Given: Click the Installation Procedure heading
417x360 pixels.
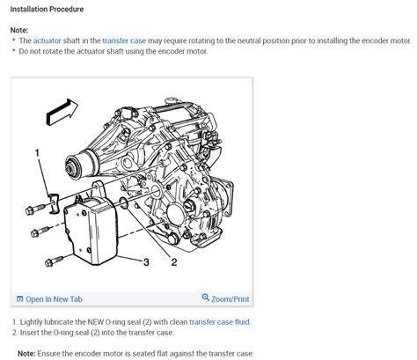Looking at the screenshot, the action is (x=47, y=10).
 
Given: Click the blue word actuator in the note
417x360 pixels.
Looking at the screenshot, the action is (x=47, y=40).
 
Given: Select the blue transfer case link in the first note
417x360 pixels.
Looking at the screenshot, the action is (x=124, y=40).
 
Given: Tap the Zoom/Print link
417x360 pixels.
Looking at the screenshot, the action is (x=230, y=299).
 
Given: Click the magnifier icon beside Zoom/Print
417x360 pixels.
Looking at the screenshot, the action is (x=206, y=298).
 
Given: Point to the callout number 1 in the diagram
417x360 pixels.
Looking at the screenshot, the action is (x=37, y=153).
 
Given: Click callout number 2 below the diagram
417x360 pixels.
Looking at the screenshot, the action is (x=174, y=262).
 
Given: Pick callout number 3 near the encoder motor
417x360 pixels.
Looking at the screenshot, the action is (x=146, y=261).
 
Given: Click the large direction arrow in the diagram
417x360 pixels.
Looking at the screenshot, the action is (x=62, y=112).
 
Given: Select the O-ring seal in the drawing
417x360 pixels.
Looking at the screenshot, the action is (x=123, y=203).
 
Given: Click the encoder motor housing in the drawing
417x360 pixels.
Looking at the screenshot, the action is (x=91, y=231).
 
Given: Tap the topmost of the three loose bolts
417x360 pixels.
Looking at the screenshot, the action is (x=35, y=209).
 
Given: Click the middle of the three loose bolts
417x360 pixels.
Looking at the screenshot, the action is (x=40, y=231).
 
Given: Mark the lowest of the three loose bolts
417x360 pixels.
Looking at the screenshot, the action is (x=55, y=261).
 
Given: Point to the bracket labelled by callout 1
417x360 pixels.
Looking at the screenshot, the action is (x=54, y=203).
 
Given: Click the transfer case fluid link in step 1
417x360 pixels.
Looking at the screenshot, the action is (x=220, y=322).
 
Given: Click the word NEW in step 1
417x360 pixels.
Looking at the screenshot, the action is (x=96, y=322).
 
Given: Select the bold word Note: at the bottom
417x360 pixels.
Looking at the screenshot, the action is (x=26, y=354).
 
